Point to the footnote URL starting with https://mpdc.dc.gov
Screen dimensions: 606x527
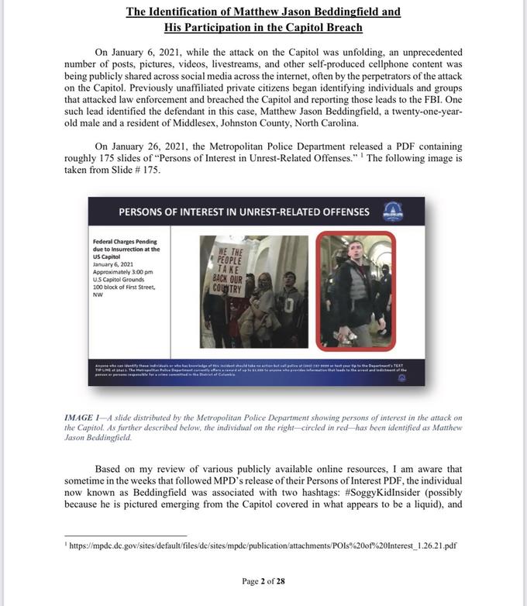tap(263, 545)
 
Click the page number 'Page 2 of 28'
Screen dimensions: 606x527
tap(263, 581)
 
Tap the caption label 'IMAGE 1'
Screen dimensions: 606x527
tap(84, 418)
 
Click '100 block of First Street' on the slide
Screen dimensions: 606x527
tap(124, 287)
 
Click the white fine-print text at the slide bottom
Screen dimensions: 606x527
tap(256, 370)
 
